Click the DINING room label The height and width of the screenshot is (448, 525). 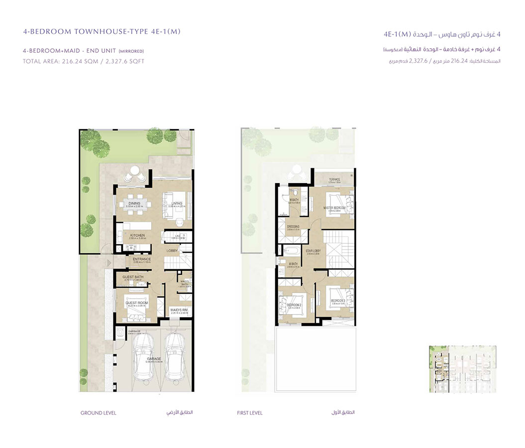[134, 204]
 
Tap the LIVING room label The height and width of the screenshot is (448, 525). [177, 203]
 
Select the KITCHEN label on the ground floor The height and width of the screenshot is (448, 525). [137, 235]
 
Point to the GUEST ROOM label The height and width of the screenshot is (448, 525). [136, 303]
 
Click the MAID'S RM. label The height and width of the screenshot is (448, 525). [178, 310]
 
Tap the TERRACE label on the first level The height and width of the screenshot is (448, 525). [334, 180]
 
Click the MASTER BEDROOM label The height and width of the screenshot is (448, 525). [334, 208]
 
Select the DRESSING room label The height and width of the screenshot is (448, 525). [293, 226]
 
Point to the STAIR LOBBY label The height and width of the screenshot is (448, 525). [313, 251]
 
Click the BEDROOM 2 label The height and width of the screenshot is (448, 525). [294, 305]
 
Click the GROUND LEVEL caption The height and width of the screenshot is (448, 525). [98, 413]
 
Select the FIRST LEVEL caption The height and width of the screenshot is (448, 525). [250, 413]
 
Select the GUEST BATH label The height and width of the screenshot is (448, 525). [133, 277]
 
